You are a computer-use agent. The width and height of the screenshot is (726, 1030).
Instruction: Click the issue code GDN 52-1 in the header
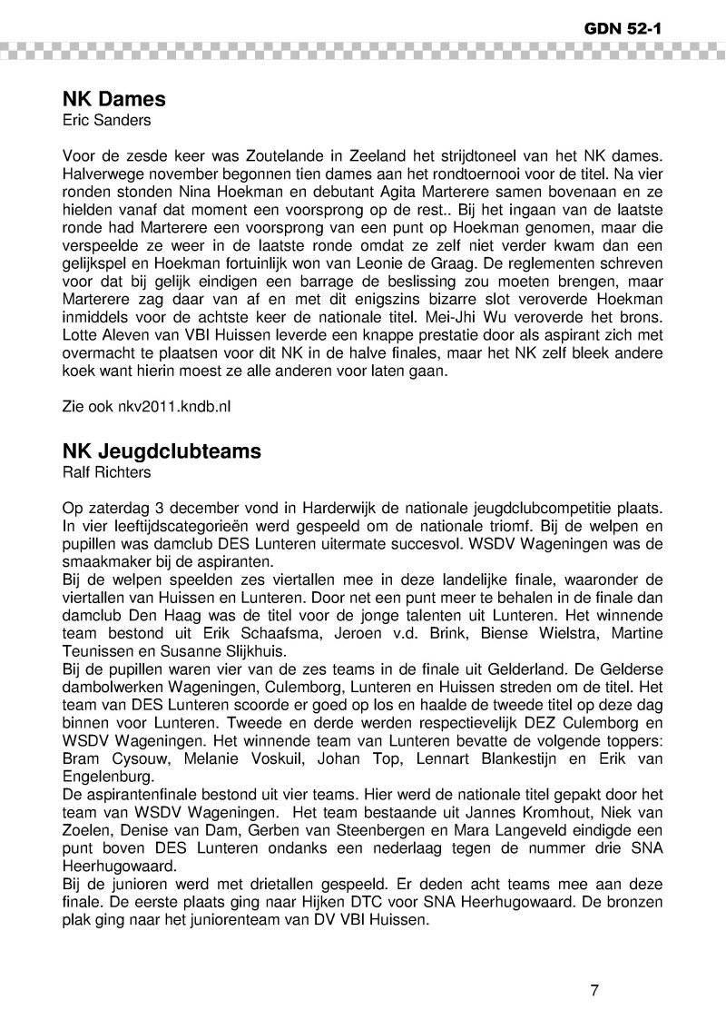click(627, 28)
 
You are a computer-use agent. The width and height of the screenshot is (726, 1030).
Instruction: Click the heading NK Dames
click(113, 99)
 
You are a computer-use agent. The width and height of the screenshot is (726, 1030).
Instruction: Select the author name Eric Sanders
click(107, 119)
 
